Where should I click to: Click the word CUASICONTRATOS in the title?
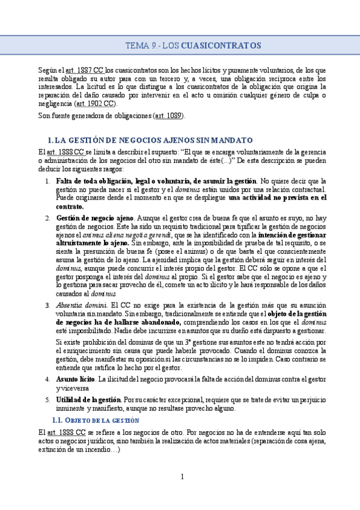tap(221, 46)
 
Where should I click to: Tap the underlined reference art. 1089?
tap(169, 115)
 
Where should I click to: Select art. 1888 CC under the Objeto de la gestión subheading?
tap(61, 432)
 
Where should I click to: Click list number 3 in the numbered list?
tap(47, 306)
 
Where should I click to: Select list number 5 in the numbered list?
tap(47, 399)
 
